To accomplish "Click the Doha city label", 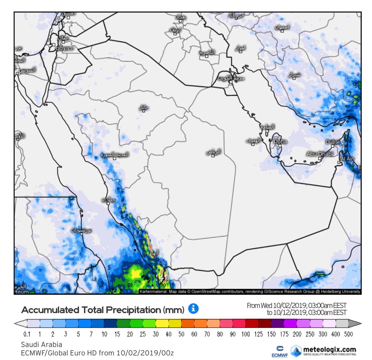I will [280, 141].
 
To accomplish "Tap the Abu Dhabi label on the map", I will [320, 154].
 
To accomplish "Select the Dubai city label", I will [332, 142].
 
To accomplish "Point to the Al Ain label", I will [347, 159].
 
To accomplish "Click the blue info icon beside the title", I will [193, 309].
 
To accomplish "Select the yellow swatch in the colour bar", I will [162, 323].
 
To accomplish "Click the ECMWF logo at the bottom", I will [280, 351].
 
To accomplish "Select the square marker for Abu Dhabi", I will [319, 158].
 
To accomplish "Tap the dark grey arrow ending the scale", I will [356, 323].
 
